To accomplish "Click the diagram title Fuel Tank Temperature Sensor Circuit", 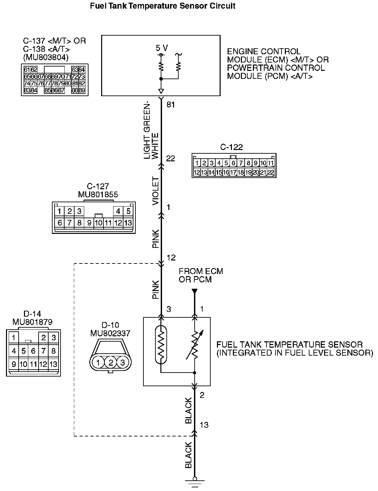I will (x=163, y=6).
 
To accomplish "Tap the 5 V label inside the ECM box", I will (x=162, y=48).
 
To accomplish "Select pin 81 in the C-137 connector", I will (x=75, y=83).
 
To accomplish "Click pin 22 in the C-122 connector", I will (x=271, y=172).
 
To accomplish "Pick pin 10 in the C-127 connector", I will (x=98, y=223).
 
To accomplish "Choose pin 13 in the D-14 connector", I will (x=53, y=364).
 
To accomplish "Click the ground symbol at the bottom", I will (x=195, y=481).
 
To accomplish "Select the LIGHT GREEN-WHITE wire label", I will (x=151, y=132).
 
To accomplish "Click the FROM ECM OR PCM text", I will (x=201, y=275).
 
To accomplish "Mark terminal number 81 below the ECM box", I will (x=171, y=105).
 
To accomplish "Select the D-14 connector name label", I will (x=32, y=314).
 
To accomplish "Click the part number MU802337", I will (x=110, y=333).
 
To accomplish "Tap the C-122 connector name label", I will (x=231, y=147).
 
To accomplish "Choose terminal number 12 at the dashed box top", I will (x=171, y=258).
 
